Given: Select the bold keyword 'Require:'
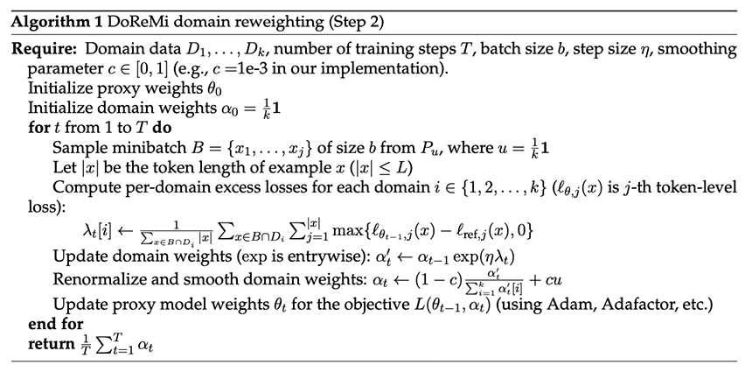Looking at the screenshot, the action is tap(44, 49).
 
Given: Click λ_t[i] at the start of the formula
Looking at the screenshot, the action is tap(97, 230).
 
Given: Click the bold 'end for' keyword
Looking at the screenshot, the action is tap(56, 324).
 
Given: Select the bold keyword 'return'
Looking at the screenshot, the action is tap(52, 344).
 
